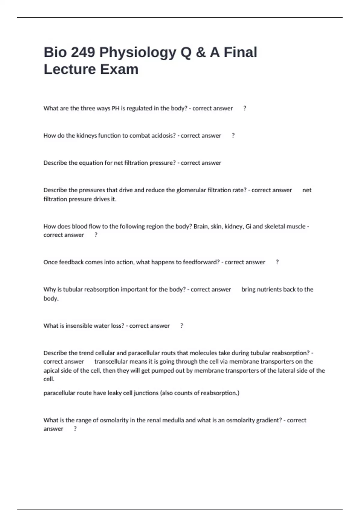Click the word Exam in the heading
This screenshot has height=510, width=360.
tap(119, 69)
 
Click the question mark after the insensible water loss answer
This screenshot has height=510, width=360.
tap(182, 326)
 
